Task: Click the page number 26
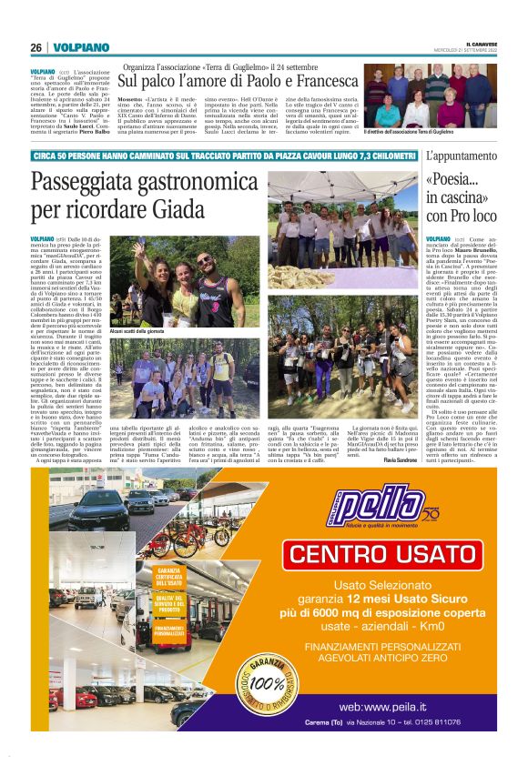click(x=36, y=47)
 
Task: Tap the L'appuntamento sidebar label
click(x=461, y=156)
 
